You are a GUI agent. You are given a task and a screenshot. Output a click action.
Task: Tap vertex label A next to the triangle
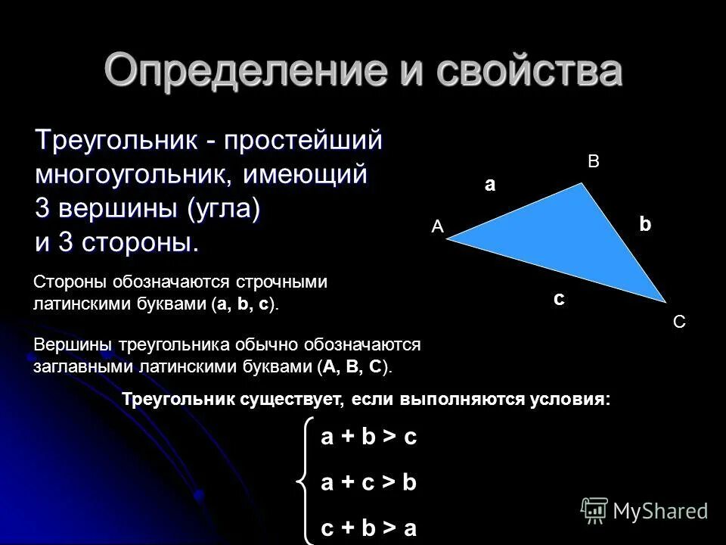[x=436, y=226]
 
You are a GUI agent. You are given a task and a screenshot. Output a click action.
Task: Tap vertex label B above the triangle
[x=593, y=161]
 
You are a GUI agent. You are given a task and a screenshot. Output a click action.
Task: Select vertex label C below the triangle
[x=678, y=322]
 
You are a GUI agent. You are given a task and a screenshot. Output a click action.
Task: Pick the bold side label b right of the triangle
[x=644, y=224]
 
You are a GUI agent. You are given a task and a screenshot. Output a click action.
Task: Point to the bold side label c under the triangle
[x=558, y=298]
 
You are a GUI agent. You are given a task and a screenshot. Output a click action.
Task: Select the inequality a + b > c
[x=368, y=438]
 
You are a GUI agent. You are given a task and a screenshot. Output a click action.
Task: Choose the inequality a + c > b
[x=368, y=483]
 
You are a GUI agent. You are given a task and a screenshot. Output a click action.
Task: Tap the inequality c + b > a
[x=368, y=528]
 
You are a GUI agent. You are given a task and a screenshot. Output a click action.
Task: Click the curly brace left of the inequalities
[x=306, y=481]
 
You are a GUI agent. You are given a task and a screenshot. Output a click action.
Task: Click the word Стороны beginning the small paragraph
[x=72, y=282]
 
